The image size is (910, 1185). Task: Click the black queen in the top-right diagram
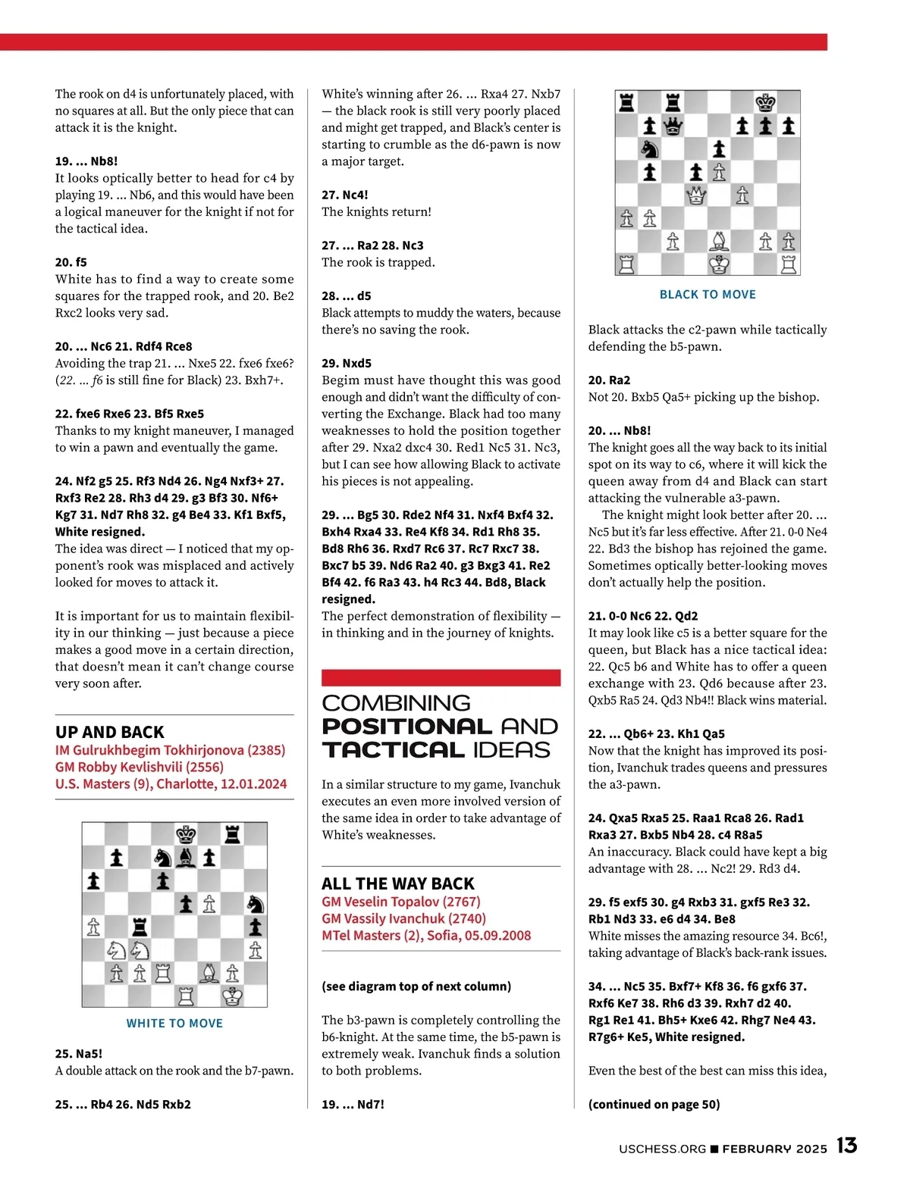[x=673, y=126]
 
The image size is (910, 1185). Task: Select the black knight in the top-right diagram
[x=650, y=149]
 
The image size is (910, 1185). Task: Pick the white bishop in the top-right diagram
[x=719, y=242]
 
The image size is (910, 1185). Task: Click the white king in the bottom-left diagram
[x=233, y=996]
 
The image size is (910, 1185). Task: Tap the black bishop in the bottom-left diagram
[x=187, y=858]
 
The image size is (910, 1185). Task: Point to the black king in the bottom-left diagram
[x=187, y=834]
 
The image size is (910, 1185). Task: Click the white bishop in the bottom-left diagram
[x=209, y=973]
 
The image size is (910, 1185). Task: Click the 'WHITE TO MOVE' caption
[x=174, y=1023]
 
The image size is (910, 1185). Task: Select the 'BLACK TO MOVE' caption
[x=708, y=295]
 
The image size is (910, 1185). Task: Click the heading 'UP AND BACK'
[x=110, y=732]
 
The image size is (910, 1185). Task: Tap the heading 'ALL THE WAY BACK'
[x=398, y=883]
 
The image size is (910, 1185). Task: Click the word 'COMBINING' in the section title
[x=397, y=703]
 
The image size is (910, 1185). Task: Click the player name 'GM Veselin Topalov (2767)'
[x=401, y=902]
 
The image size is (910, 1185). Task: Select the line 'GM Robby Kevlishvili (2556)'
[x=140, y=767]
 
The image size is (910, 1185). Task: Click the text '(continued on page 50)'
[x=654, y=1104]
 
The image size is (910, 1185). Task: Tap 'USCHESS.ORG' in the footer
[x=662, y=1149]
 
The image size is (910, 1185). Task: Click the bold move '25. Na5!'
[x=79, y=1053]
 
